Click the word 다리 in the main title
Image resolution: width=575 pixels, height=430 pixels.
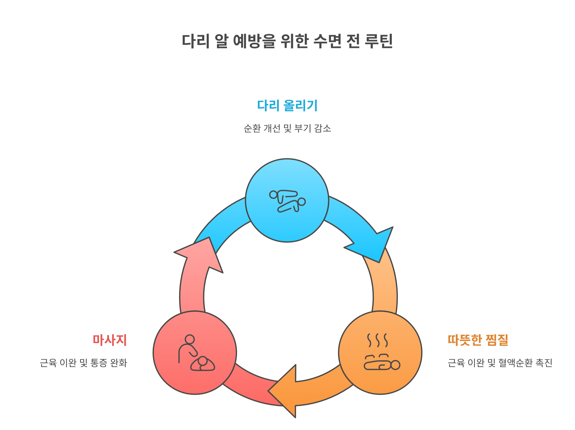[x=195, y=41]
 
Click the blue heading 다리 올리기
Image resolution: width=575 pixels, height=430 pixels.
[x=287, y=106]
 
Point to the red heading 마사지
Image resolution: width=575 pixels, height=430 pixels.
[x=110, y=340]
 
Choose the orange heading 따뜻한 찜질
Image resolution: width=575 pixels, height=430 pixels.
[x=478, y=340]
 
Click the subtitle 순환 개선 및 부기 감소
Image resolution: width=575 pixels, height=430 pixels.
[x=287, y=128]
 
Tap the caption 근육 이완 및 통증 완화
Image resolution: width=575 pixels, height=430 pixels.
[x=83, y=363]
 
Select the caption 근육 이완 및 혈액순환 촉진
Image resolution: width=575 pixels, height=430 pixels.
[x=500, y=363]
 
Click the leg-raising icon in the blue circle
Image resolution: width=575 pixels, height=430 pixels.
[x=287, y=201]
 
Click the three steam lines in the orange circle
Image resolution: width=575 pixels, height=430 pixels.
[x=377, y=340]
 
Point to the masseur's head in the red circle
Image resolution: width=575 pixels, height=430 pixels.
[x=190, y=339]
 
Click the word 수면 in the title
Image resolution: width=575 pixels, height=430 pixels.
[x=327, y=41]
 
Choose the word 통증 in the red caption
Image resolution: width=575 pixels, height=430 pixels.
[x=99, y=363]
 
